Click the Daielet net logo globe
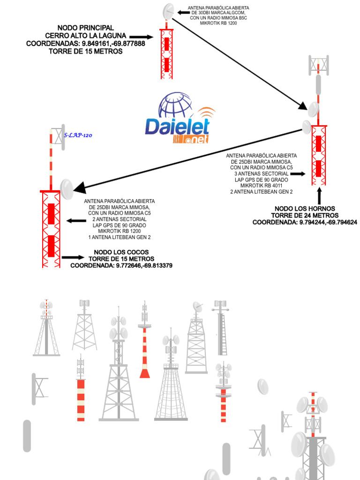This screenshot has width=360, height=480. (175, 106)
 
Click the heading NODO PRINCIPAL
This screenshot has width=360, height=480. (86, 29)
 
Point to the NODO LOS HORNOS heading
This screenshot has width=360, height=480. (305, 209)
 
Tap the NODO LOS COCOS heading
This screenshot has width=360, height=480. (121, 252)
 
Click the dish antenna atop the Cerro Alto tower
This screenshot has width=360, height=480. (168, 11)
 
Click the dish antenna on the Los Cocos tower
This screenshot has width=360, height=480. (67, 188)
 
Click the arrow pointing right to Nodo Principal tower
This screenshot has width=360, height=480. (141, 37)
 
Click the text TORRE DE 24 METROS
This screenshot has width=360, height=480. (305, 216)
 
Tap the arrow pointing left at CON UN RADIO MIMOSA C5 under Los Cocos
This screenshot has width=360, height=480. (76, 221)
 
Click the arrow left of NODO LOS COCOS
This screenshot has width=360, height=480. (72, 257)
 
